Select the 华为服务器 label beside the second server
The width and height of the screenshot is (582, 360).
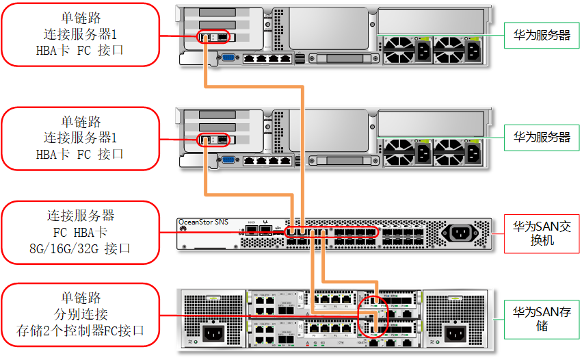pyautogui.click(x=541, y=137)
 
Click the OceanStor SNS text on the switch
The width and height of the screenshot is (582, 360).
pyautogui.click(x=203, y=222)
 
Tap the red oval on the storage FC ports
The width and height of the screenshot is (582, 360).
pyautogui.click(x=373, y=314)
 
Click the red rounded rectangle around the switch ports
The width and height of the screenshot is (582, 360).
pyautogui.click(x=332, y=233)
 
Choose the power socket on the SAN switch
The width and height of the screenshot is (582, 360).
pyautogui.click(x=460, y=233)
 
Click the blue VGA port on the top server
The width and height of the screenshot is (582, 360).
pyautogui.click(x=228, y=58)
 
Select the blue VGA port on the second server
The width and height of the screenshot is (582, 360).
pyautogui.click(x=228, y=160)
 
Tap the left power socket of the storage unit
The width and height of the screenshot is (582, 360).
pyautogui.click(x=212, y=335)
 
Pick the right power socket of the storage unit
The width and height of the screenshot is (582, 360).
pyautogui.click(x=456, y=335)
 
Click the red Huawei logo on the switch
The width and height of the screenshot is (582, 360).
pyautogui.click(x=183, y=231)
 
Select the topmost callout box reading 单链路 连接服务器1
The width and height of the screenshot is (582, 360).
pyautogui.click(x=80, y=34)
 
